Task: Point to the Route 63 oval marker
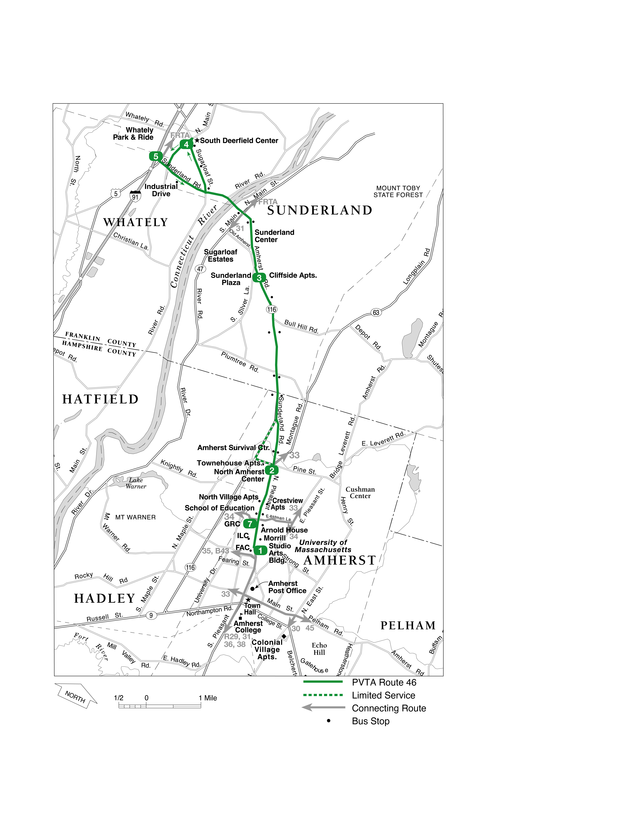pyautogui.click(x=376, y=312)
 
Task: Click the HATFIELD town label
pyautogui.click(x=100, y=399)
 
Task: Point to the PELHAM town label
pyautogui.click(x=408, y=625)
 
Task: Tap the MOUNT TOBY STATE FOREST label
pyautogui.click(x=398, y=191)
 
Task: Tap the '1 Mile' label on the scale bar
pyautogui.click(x=208, y=698)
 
